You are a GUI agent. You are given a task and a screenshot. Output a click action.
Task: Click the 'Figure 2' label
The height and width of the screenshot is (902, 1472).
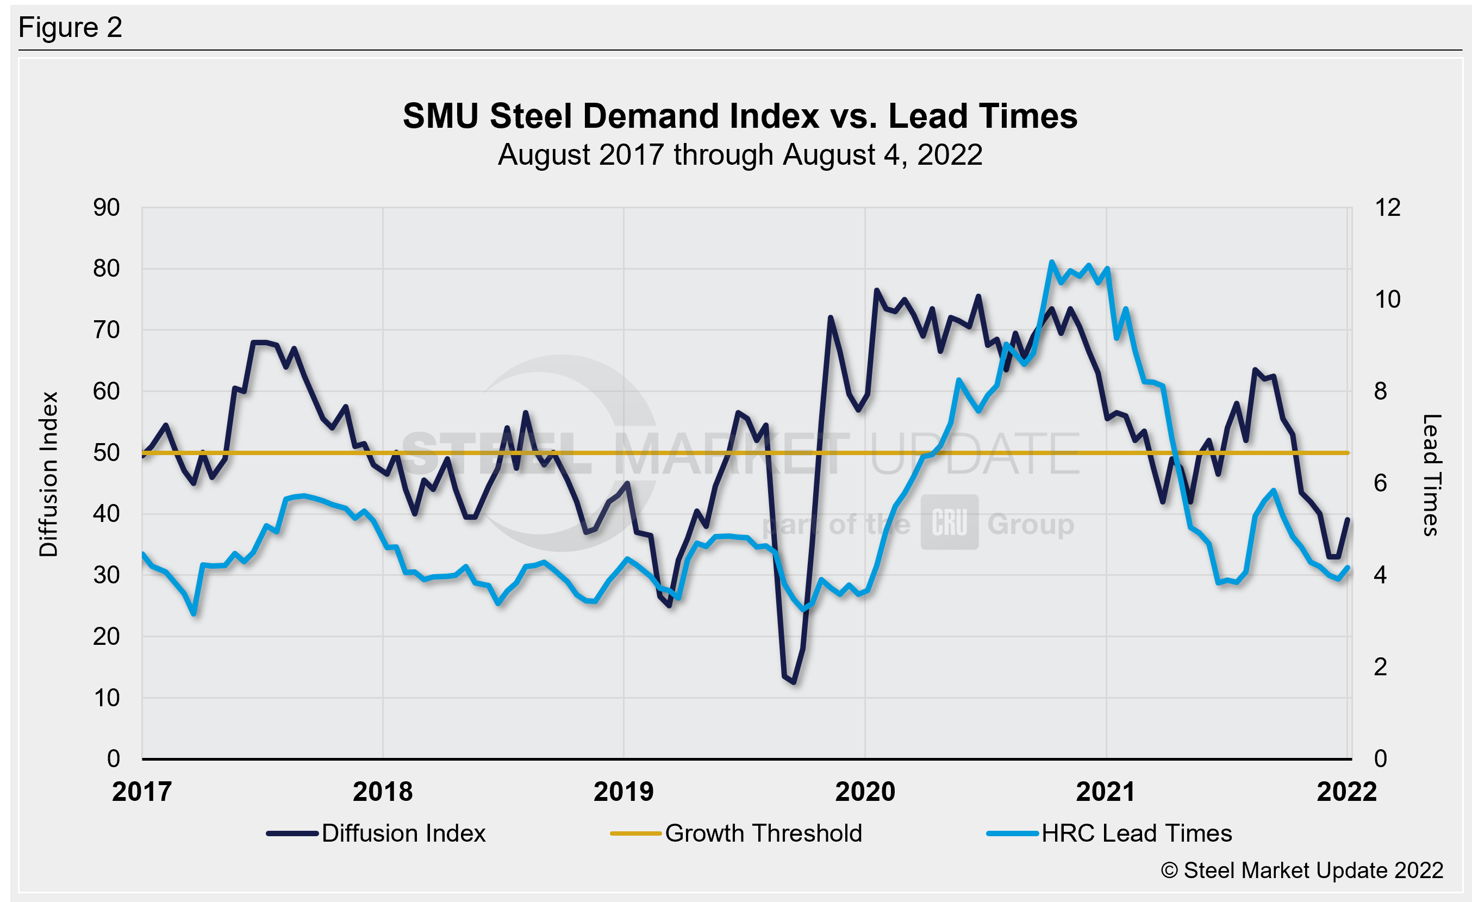point(70,28)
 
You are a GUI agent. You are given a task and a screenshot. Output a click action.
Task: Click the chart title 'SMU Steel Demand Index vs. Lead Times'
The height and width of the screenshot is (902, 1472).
point(740,116)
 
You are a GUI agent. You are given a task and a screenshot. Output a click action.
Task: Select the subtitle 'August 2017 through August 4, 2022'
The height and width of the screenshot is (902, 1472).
point(740,155)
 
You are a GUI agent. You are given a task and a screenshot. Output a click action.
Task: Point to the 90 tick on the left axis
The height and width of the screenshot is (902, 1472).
point(107,208)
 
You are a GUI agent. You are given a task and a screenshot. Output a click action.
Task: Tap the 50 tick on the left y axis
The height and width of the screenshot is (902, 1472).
point(107,453)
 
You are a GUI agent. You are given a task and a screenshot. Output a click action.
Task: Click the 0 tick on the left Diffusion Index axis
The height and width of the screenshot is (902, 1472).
point(113,758)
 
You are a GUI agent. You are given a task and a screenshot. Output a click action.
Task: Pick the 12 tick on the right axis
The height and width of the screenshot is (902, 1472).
point(1387,208)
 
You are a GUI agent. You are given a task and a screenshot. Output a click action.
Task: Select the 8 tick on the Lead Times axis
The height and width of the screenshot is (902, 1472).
point(1380,391)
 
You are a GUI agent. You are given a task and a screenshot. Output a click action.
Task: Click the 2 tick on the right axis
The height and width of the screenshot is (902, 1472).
point(1380,667)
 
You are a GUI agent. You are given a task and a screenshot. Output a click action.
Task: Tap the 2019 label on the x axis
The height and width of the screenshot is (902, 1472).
point(623,792)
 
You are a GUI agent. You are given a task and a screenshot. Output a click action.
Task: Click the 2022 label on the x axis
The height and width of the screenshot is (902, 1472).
point(1346,792)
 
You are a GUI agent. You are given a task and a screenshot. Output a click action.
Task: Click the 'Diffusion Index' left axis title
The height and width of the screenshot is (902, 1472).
point(48,474)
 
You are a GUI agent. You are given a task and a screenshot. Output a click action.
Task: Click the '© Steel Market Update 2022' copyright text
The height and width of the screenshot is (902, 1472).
point(1302,870)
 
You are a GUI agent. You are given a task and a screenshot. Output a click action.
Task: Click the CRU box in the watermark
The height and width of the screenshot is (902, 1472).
point(949,522)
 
